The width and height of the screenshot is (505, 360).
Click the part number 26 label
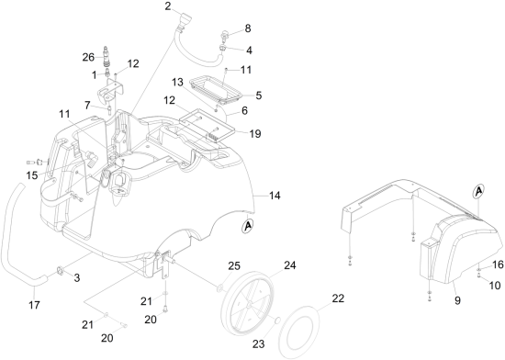(x=88, y=57)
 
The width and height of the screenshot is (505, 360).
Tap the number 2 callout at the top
(x=168, y=6)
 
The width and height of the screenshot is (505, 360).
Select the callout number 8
(x=247, y=28)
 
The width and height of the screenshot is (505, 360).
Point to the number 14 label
(x=275, y=196)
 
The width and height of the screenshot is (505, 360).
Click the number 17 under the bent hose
(x=34, y=305)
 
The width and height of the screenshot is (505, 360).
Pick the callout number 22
(x=338, y=298)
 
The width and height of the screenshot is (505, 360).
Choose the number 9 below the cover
(x=457, y=300)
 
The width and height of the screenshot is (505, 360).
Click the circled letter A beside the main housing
(x=248, y=226)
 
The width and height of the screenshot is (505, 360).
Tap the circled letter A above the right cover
(x=479, y=191)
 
